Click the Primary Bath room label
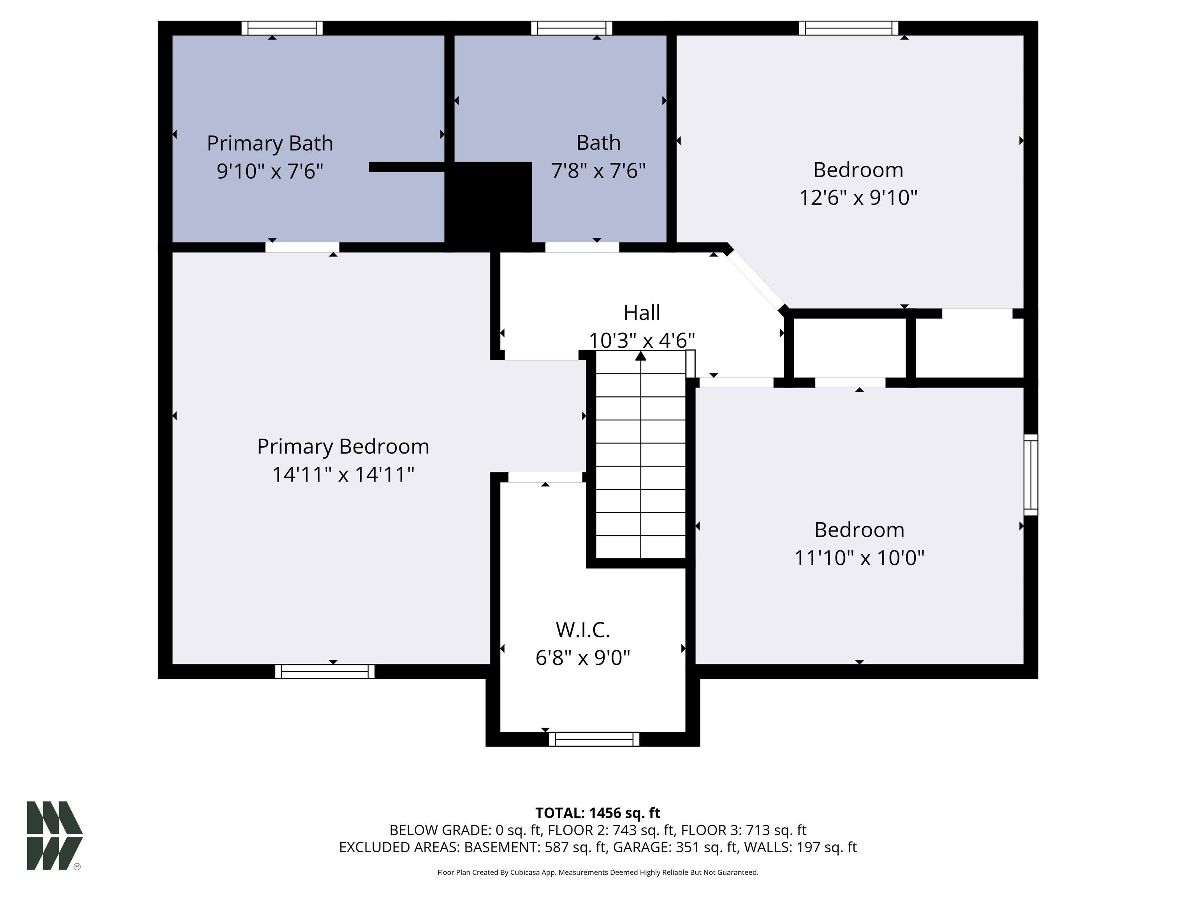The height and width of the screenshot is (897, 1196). (x=269, y=143)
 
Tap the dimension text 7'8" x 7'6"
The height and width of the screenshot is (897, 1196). (x=598, y=171)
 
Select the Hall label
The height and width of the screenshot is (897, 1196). (x=641, y=313)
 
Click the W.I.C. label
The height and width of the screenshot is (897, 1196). (x=582, y=630)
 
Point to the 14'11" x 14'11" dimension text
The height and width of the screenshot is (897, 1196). (x=343, y=475)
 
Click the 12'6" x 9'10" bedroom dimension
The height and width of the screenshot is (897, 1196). (x=858, y=198)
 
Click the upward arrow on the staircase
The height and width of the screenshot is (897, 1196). (x=641, y=356)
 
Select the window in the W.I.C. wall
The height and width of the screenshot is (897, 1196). (x=594, y=739)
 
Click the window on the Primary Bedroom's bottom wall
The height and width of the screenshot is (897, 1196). (x=324, y=672)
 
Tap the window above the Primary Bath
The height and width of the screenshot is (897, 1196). (x=282, y=28)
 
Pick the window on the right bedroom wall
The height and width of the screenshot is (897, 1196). (x=1031, y=475)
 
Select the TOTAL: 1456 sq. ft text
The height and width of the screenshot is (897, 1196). (x=598, y=813)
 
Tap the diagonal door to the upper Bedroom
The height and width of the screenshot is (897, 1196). (x=755, y=281)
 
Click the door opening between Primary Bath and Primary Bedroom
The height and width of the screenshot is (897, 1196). (x=302, y=247)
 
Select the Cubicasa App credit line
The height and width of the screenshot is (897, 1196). (x=598, y=872)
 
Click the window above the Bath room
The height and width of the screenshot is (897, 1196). (x=572, y=28)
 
